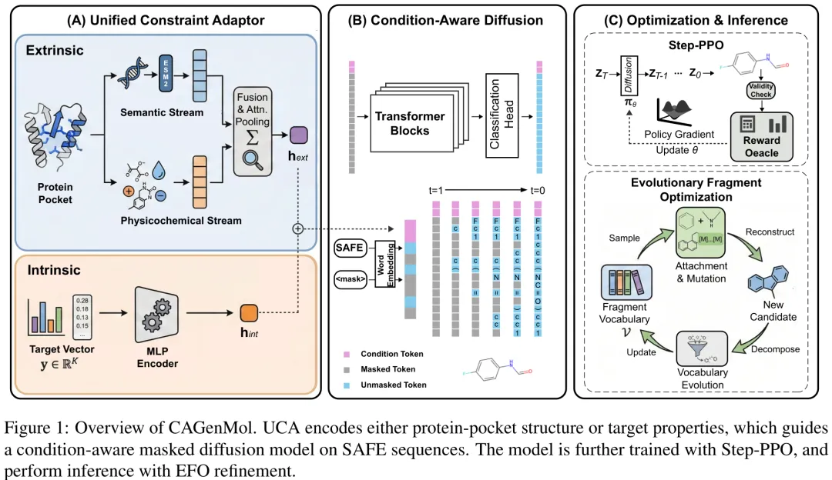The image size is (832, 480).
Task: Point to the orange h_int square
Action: click(x=248, y=313)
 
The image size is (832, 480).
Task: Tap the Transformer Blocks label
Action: click(x=410, y=123)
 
